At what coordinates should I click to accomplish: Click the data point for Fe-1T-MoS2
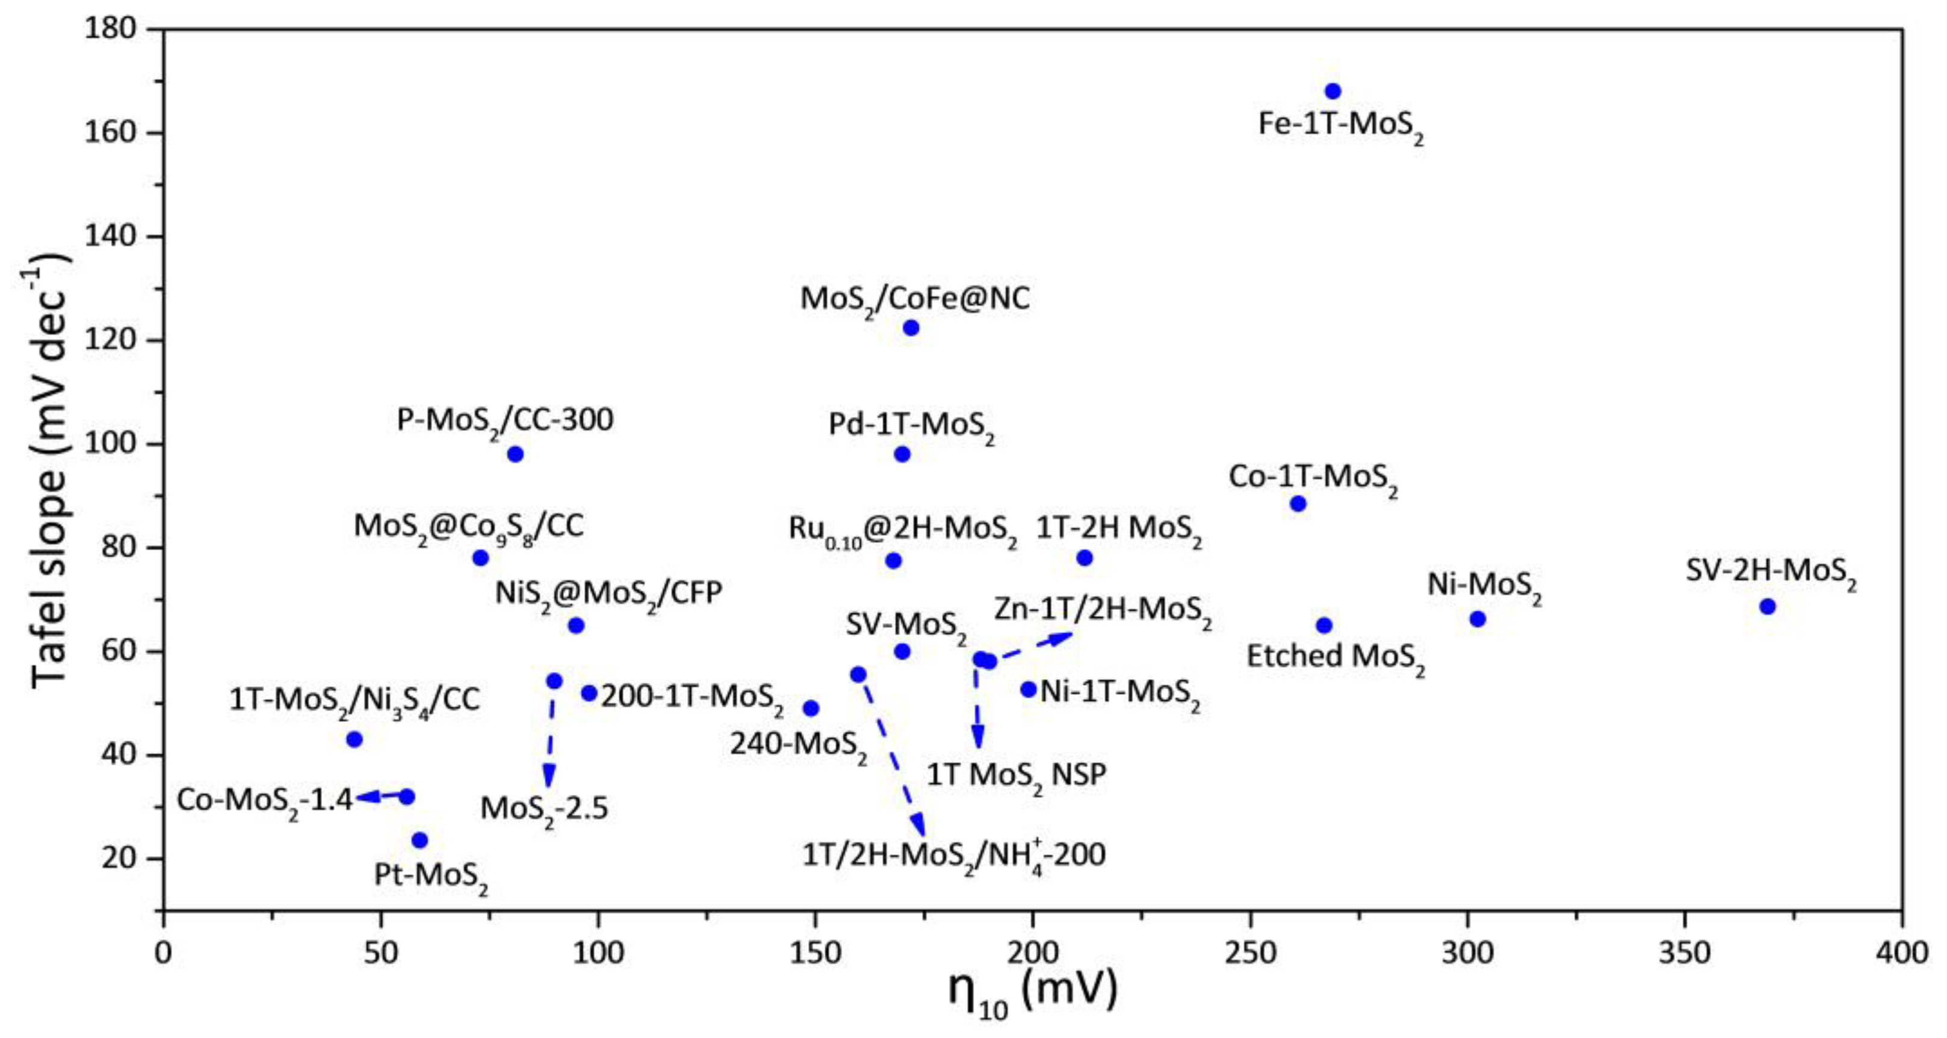tap(1333, 92)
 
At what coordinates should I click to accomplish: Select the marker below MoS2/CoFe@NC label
tap(911, 328)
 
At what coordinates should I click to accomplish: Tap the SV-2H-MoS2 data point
tap(1767, 606)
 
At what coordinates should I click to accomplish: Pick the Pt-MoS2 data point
tap(420, 840)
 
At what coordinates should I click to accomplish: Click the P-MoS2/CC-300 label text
tap(505, 420)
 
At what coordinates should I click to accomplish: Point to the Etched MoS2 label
tap(1335, 656)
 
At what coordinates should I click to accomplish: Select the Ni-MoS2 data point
tap(1478, 619)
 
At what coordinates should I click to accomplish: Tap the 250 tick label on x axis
tap(1250, 952)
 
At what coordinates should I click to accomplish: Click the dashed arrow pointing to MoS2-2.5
tap(551, 733)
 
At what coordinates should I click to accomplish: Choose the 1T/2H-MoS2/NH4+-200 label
tap(954, 856)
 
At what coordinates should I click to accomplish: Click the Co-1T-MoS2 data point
tap(1298, 503)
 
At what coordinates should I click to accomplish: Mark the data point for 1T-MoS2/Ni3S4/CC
tap(354, 739)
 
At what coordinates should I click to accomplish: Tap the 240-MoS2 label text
tap(798, 745)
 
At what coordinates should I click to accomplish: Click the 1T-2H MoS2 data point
tap(1085, 558)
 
